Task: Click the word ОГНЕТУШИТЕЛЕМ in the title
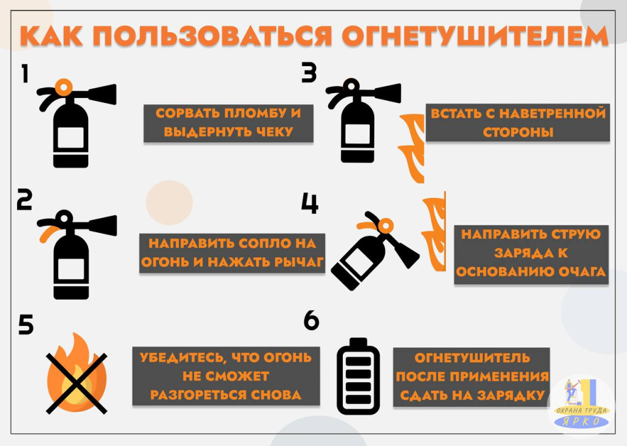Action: point(475,36)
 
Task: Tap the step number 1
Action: point(25,74)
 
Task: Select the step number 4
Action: point(310,203)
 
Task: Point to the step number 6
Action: point(311,320)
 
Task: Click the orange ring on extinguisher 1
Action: point(64,87)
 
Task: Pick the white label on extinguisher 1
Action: point(71,138)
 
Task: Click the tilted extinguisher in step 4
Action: point(374,251)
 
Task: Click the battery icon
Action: point(358,376)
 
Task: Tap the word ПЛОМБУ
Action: point(257,113)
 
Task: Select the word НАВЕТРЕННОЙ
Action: point(553,113)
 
